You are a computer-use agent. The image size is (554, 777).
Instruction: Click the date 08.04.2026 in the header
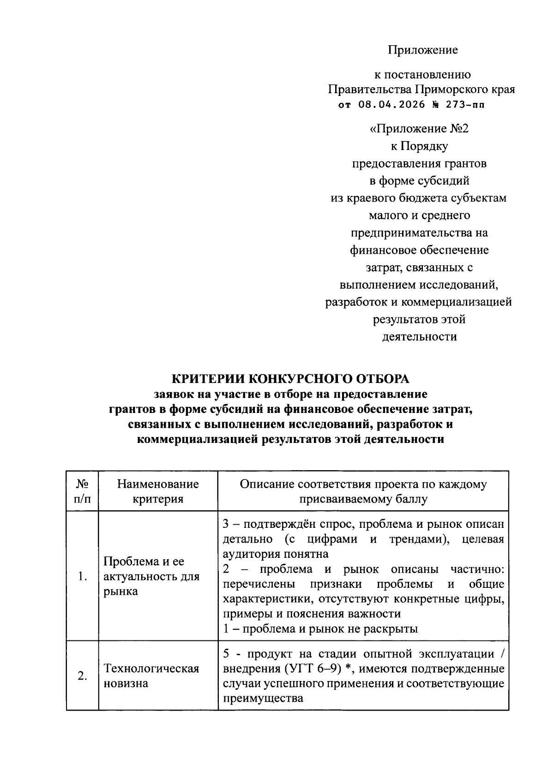tap(391, 104)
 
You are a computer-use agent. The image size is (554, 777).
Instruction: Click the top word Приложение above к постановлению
tap(422, 50)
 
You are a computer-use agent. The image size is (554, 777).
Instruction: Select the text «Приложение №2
tap(419, 128)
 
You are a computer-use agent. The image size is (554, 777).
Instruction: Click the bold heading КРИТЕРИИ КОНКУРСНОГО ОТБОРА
tap(290, 379)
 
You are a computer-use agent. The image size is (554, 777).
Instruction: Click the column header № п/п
tap(82, 491)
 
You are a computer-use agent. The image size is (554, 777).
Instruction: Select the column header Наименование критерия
tap(158, 491)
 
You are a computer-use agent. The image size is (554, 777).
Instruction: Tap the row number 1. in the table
tap(82, 576)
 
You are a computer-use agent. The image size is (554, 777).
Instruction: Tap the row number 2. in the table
tap(82, 676)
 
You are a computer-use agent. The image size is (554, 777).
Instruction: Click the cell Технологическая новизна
tap(151, 676)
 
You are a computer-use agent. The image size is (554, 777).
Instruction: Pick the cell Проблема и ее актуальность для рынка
tap(151, 576)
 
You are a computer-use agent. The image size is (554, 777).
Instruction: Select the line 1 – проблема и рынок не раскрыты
tap(320, 628)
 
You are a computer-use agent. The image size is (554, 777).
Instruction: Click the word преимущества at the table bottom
tap(263, 698)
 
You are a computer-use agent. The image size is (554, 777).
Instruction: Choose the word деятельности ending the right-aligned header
tap(419, 337)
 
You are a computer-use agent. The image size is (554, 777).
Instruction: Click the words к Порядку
tap(419, 146)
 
